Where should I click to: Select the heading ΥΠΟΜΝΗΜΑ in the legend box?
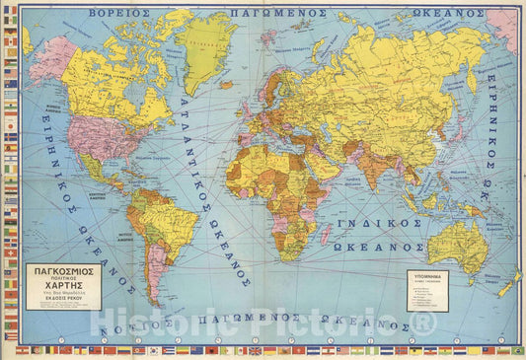pos(427,278)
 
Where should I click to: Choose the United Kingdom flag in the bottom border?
pos(255,350)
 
